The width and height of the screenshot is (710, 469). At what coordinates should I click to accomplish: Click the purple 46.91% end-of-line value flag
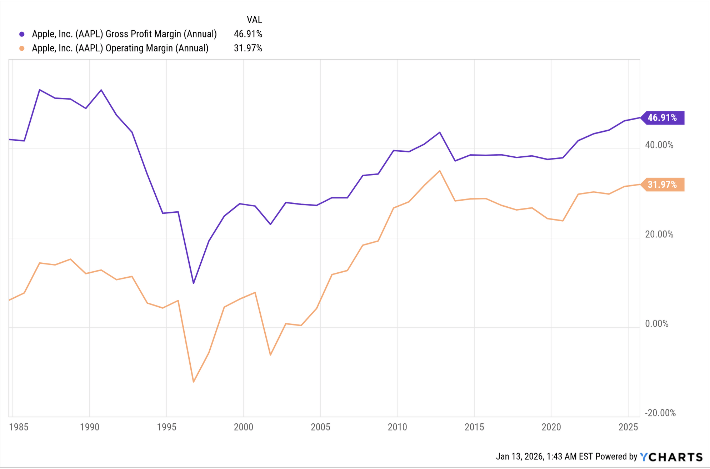pos(662,118)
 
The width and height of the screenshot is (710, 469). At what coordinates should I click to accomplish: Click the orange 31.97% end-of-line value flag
pos(662,185)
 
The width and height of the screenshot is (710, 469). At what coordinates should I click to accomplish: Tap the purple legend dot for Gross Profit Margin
pos(22,34)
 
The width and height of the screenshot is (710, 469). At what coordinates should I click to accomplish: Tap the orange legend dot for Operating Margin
pos(22,49)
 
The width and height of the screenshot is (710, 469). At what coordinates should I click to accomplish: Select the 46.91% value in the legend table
pos(248,34)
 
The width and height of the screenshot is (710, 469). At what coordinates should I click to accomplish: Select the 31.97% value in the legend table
pos(248,49)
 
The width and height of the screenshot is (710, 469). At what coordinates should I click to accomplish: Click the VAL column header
pos(254,20)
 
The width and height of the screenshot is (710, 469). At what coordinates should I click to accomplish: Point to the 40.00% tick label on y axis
pos(659,145)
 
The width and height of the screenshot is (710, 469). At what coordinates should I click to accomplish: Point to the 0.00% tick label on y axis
pos(656,324)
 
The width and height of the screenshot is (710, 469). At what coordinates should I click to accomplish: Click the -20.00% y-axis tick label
pos(660,413)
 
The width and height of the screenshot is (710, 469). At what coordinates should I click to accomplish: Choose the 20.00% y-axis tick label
pos(659,234)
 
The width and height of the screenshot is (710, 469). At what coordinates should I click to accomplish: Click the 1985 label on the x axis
pos(19,427)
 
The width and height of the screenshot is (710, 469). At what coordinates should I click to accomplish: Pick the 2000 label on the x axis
pos(243,427)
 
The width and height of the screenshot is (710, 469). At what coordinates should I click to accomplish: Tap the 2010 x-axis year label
pos(397,427)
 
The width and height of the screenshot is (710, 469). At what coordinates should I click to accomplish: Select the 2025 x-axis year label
pos(628,427)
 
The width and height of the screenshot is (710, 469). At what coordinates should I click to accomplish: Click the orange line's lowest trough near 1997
pos(194,382)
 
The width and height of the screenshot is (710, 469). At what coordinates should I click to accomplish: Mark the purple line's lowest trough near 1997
pos(194,283)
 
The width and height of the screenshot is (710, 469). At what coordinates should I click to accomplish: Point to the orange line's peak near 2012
pos(440,171)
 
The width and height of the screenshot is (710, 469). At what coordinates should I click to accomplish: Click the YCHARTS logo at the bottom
pos(671,457)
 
